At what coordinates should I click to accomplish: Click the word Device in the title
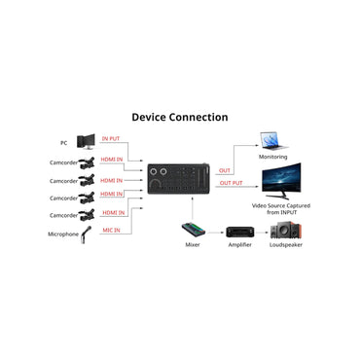pos(154,117)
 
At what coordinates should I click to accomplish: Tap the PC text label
pos(63,143)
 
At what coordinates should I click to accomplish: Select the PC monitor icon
pos(86,142)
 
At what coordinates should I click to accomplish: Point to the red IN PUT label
pos(112,139)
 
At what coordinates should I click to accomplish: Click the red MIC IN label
pos(112,229)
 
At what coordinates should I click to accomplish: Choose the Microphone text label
pos(62,234)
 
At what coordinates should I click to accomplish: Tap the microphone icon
pos(85,233)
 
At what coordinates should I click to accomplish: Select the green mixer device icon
pos(194,231)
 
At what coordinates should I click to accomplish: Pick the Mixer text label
pos(194,246)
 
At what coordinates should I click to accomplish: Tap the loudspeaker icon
pos(285,231)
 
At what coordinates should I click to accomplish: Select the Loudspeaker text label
pos(285,246)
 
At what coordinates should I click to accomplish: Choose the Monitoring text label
pos(272,157)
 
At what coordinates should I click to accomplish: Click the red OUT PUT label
pos(231,182)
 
